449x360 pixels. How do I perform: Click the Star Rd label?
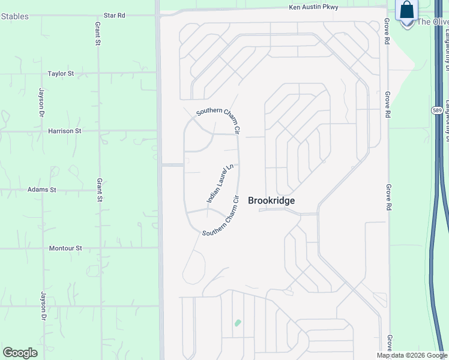pyautogui.click(x=114, y=15)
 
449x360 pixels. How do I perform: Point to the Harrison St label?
pyautogui.click(x=65, y=131)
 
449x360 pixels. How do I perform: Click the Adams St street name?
pyautogui.click(x=41, y=190)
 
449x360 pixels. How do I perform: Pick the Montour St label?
pyautogui.click(x=65, y=248)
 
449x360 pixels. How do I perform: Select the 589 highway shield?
pyautogui.click(x=437, y=110)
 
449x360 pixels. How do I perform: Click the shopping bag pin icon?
pyautogui.click(x=407, y=11)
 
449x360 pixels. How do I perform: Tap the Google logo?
pyautogui.click(x=20, y=352)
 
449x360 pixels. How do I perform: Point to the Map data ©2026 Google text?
pyautogui.click(x=412, y=355)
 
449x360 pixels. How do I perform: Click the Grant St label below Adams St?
pyautogui.click(x=100, y=190)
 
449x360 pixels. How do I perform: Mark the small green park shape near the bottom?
pyautogui.click(x=238, y=323)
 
